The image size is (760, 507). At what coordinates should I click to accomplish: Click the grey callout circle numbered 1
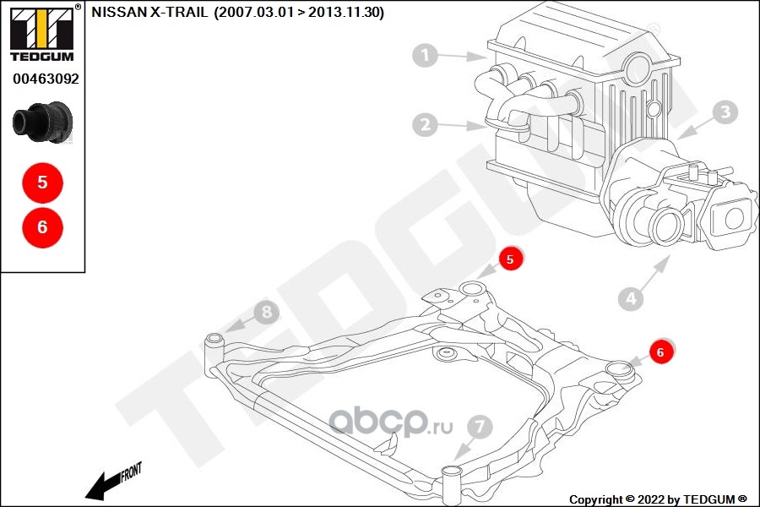click(426, 55)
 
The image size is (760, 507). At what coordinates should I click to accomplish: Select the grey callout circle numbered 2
click(425, 125)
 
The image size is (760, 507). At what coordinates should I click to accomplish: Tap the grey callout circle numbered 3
click(725, 112)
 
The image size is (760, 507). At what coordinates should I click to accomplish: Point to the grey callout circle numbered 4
click(631, 298)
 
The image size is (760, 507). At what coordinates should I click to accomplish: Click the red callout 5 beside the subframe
click(510, 259)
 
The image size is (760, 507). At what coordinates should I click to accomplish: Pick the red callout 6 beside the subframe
click(660, 352)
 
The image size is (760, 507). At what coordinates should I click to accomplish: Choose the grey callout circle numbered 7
click(480, 427)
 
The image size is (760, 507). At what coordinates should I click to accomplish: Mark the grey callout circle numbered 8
click(267, 312)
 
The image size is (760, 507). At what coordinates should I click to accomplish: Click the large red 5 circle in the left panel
click(43, 183)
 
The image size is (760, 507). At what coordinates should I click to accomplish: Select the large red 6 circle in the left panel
click(43, 227)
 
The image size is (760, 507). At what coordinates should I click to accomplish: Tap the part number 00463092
click(46, 79)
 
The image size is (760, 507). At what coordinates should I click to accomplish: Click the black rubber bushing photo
click(43, 122)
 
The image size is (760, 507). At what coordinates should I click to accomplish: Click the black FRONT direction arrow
click(113, 482)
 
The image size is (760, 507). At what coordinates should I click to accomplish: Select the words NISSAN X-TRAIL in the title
click(149, 12)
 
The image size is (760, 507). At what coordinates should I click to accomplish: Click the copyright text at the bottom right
click(658, 499)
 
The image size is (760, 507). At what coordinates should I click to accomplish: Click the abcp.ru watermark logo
click(392, 422)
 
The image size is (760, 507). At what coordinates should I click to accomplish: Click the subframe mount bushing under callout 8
click(214, 346)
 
